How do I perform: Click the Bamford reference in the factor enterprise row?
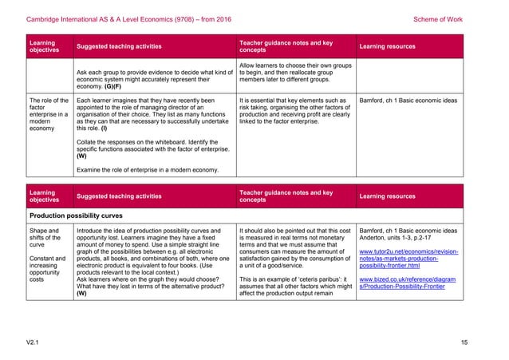408,101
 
